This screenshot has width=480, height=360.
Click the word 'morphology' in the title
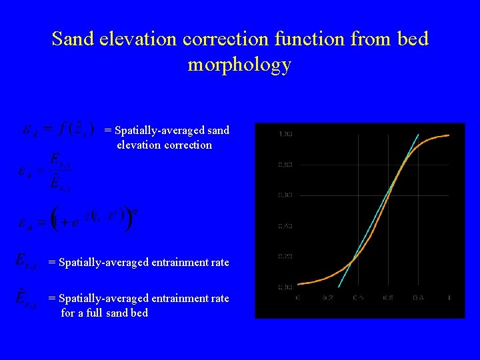(x=239, y=65)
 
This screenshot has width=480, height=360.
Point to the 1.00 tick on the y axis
(x=285, y=134)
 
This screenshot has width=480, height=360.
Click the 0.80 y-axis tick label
(x=285, y=165)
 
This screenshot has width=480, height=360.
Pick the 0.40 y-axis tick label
(x=285, y=226)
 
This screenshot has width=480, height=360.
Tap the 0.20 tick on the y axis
(x=285, y=257)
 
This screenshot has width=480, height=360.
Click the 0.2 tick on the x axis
(x=327, y=297)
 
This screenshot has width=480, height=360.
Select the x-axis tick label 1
(x=449, y=297)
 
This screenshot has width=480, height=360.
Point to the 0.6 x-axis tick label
(x=387, y=297)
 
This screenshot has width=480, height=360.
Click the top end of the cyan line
(x=418, y=135)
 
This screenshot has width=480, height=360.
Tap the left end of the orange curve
(x=297, y=284)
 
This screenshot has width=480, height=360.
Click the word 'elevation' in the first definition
(x=139, y=145)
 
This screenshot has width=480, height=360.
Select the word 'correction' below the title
(x=189, y=145)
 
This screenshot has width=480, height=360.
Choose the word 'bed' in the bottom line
(x=139, y=313)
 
